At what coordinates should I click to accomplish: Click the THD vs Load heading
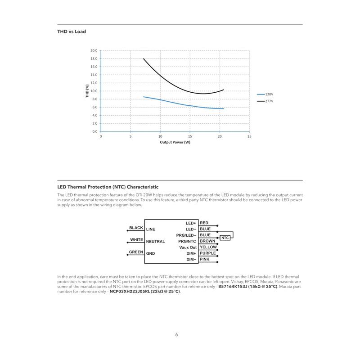[x=72, y=31]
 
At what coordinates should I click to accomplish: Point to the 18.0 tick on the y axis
[x=94, y=58]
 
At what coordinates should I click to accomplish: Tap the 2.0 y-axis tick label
[x=94, y=123]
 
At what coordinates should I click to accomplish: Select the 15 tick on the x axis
[x=190, y=136]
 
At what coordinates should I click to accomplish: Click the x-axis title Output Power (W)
[x=175, y=142]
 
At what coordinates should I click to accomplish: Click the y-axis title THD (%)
[x=87, y=91]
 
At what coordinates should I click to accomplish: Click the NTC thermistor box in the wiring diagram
[x=225, y=238]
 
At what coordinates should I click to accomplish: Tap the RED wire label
[x=204, y=223]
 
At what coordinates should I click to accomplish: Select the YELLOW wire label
[x=208, y=247]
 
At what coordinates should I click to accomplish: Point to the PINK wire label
[x=205, y=259]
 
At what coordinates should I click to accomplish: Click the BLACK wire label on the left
[x=136, y=228]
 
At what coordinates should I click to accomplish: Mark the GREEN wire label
[x=136, y=252]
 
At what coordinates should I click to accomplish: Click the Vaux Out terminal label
[x=188, y=247]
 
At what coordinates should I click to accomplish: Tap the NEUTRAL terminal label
[x=155, y=242]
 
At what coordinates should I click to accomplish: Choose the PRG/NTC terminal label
[x=187, y=241]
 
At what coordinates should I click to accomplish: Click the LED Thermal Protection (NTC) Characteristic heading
[x=108, y=187]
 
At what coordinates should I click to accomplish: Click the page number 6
[x=177, y=334]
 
